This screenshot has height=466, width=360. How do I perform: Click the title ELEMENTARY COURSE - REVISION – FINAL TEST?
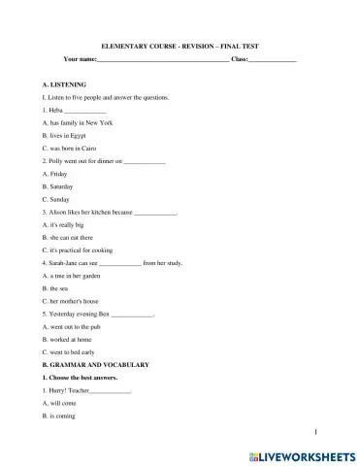coord(180,46)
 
